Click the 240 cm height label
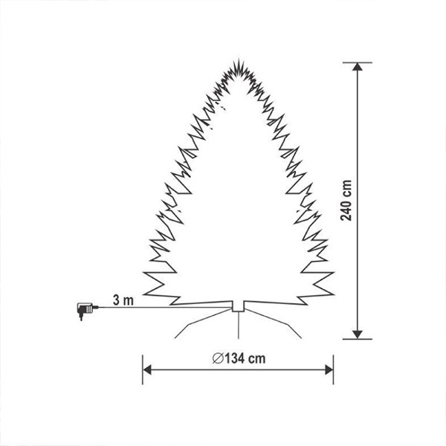point(346,201)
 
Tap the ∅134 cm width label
point(239,358)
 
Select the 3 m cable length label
point(123,300)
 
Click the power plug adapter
point(85,310)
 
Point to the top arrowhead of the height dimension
point(358,67)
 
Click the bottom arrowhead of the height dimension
point(358,334)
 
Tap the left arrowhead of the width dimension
point(146,369)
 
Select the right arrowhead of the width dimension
point(329,369)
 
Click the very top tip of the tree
point(239,59)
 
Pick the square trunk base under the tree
point(238,306)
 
